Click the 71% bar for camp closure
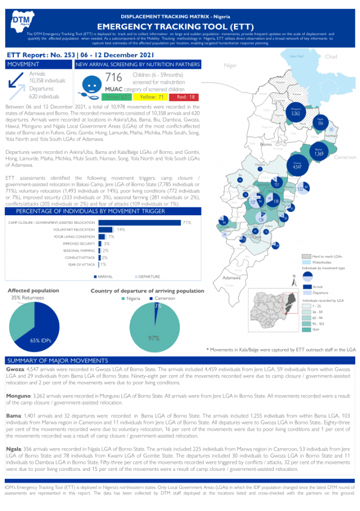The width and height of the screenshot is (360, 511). [x=139, y=223]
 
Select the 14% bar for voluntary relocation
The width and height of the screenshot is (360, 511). [x=106, y=230]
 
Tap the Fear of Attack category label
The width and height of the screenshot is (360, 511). [x=82, y=264]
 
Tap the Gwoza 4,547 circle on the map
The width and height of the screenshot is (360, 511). [x=297, y=166]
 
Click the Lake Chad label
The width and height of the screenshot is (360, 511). [x=296, y=56]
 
